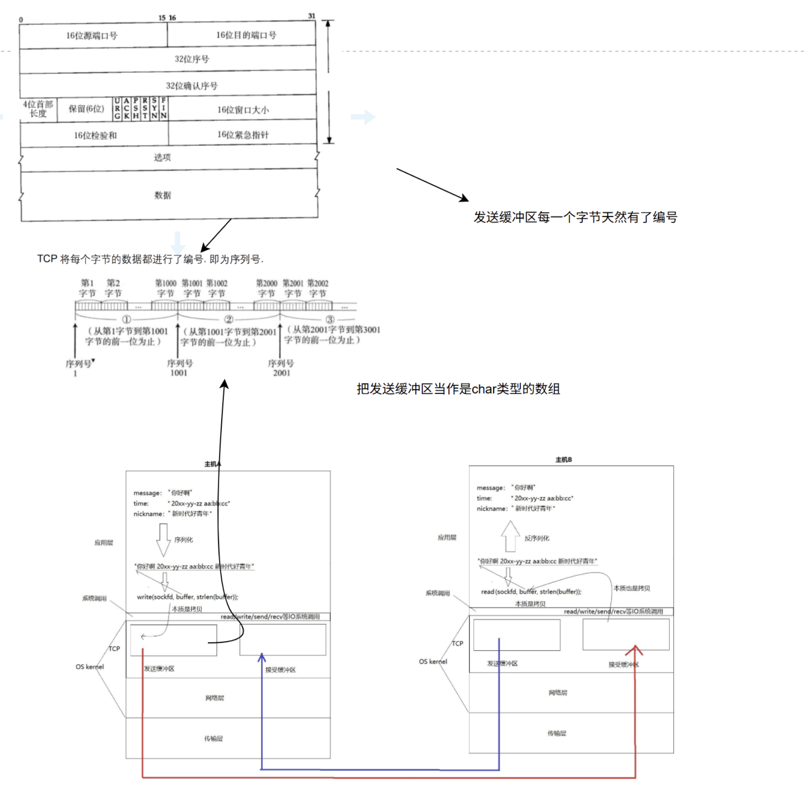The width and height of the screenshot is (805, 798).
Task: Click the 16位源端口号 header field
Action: (x=92, y=36)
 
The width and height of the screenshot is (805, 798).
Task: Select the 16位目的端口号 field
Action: (x=246, y=35)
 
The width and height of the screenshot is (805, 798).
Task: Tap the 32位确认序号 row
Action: (x=191, y=86)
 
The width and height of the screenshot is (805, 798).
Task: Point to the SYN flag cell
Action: (x=154, y=109)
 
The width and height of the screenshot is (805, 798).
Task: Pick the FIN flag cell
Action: (x=163, y=109)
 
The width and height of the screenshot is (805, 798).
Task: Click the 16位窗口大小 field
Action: (x=243, y=110)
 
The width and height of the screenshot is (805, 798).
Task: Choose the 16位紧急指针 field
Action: (x=243, y=135)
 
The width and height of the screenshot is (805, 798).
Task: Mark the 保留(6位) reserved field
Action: (x=86, y=109)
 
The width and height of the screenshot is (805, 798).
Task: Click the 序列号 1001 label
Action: (x=180, y=368)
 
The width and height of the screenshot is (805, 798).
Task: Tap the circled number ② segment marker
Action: (x=229, y=319)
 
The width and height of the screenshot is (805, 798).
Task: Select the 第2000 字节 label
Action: (x=267, y=288)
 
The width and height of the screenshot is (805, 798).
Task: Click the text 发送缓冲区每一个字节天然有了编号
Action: (x=575, y=218)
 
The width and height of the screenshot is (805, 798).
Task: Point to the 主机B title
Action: (x=563, y=460)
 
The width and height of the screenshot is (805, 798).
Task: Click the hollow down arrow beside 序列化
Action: (x=163, y=540)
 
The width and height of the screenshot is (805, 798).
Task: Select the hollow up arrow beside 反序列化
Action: (x=510, y=536)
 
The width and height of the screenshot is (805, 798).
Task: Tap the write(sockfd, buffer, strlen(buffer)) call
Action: (x=187, y=597)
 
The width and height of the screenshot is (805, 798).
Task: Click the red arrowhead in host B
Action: (x=635, y=650)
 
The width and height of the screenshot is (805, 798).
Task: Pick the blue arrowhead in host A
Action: (x=262, y=658)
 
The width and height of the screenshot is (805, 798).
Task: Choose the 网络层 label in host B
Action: (x=557, y=693)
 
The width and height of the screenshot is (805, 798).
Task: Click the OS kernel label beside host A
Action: (x=90, y=667)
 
